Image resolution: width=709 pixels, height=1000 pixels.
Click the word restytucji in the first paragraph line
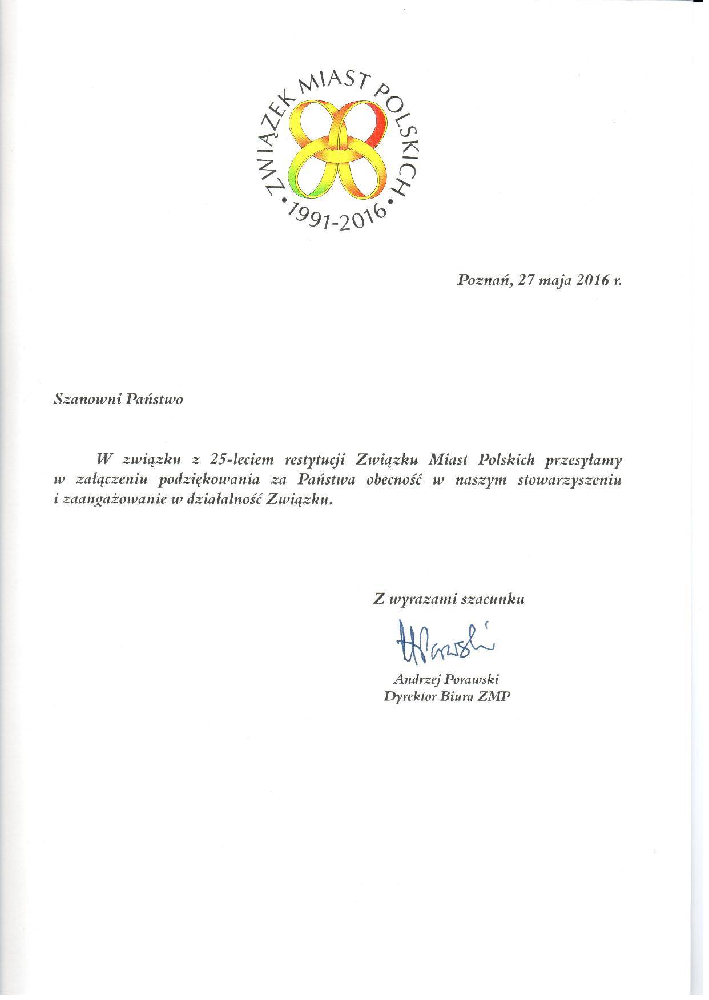312,458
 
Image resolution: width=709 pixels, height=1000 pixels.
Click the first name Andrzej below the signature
413,680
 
